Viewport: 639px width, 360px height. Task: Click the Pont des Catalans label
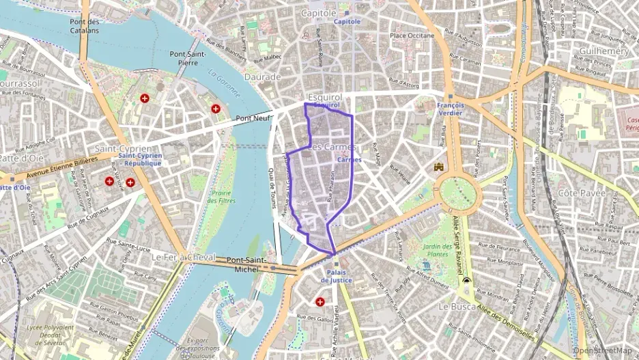[x=85, y=26]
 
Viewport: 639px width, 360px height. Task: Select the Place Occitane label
[x=412, y=35]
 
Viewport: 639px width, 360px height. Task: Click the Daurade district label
[x=263, y=77]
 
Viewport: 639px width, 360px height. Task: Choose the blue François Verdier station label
[x=451, y=109]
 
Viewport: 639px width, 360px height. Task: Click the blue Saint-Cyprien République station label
[x=139, y=159]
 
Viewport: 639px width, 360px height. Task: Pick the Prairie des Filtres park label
[x=220, y=196]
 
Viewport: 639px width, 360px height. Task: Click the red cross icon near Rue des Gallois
[x=319, y=301]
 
